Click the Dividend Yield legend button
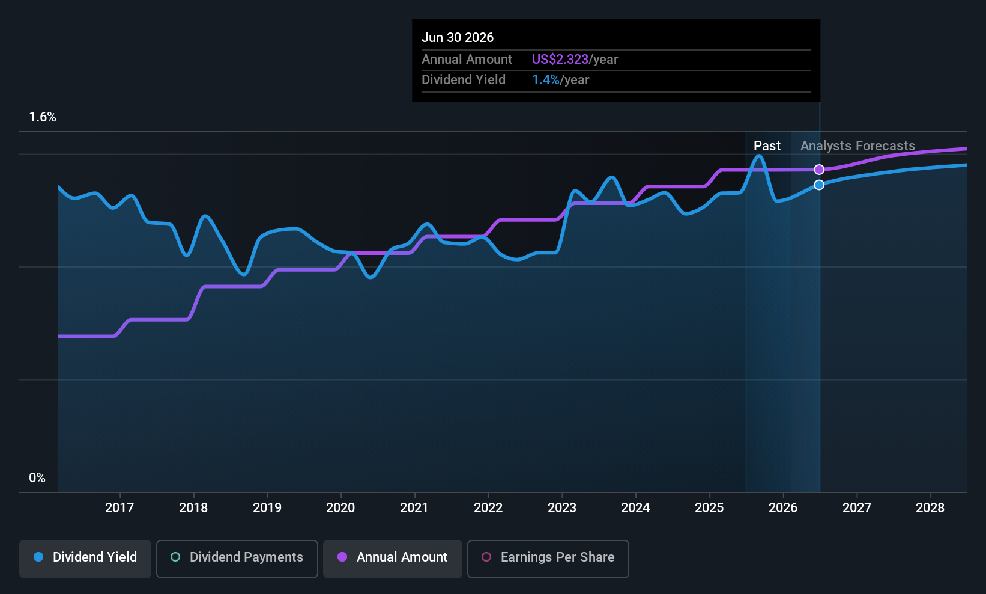85,559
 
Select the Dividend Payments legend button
237,559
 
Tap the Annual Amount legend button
393,559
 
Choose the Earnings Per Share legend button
548,559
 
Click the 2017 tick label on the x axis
119,507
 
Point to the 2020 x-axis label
340,507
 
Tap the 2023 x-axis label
562,507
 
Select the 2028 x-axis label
930,507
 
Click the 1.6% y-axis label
43,117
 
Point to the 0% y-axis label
37,478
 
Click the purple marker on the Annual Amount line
819,170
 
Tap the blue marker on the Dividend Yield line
819,185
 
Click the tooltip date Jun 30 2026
458,38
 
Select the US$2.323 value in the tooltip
560,59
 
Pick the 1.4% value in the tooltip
546,80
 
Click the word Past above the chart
767,146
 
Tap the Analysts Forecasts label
857,146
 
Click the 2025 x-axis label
709,507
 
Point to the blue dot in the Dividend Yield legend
39,557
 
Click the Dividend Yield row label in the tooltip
464,80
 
